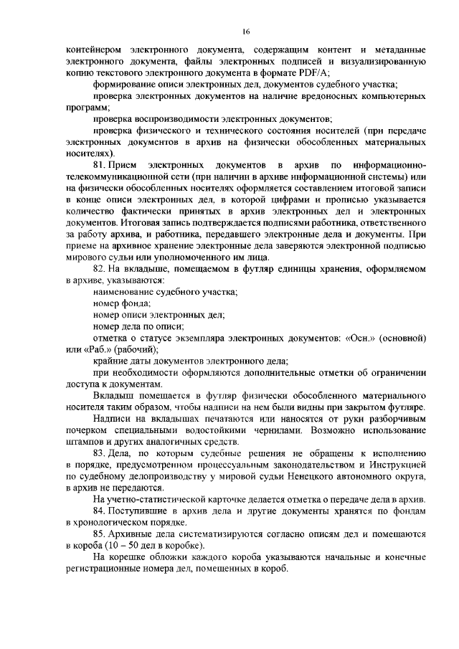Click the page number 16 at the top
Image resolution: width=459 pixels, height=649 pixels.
[245, 32]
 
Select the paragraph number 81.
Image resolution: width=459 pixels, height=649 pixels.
[100, 166]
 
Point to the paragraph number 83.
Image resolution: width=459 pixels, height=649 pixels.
[100, 454]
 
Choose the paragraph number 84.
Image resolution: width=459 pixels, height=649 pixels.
[100, 510]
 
